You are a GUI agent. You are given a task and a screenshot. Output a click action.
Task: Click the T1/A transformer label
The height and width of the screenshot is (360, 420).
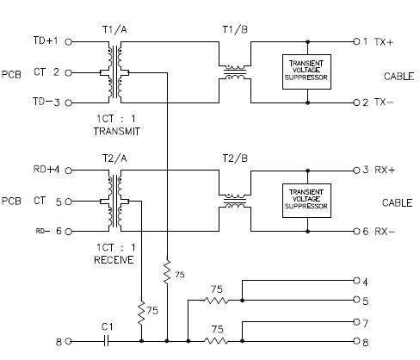click(x=114, y=29)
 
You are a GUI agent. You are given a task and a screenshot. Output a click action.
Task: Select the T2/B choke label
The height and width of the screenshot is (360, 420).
click(x=235, y=158)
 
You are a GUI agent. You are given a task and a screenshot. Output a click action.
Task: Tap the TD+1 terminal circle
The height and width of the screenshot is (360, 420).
click(x=68, y=42)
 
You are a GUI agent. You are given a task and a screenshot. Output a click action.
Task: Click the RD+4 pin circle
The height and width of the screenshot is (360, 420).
click(x=68, y=171)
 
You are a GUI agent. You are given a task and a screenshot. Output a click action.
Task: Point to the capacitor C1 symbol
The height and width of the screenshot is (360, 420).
click(x=106, y=341)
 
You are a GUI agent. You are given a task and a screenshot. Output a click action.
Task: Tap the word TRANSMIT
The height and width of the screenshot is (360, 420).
click(x=117, y=132)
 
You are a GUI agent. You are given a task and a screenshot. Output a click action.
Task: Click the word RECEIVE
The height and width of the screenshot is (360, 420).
click(x=114, y=260)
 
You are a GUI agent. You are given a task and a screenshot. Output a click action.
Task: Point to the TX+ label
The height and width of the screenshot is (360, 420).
click(x=384, y=42)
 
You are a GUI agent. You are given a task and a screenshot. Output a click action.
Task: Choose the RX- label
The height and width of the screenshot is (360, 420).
click(x=385, y=232)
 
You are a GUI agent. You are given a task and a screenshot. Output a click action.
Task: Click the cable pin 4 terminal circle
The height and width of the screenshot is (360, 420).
click(x=356, y=280)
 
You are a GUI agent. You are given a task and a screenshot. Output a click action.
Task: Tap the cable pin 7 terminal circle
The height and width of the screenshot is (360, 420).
click(x=356, y=322)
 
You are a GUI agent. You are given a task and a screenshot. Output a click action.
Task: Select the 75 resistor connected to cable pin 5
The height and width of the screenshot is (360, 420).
click(x=217, y=301)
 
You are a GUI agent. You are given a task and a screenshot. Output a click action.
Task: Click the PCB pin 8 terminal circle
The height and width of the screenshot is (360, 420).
click(x=68, y=341)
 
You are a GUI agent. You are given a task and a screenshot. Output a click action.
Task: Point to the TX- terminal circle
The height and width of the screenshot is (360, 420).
click(x=356, y=102)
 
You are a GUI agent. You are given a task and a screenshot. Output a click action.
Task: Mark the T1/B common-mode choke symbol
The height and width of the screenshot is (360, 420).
click(x=235, y=72)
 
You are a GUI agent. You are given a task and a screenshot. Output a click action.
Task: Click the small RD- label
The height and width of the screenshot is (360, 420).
click(x=43, y=231)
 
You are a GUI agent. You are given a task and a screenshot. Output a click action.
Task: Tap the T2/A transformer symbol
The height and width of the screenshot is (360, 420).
click(x=114, y=201)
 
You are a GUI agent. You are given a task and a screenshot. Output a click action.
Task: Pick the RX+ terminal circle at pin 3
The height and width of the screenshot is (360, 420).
click(x=356, y=171)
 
